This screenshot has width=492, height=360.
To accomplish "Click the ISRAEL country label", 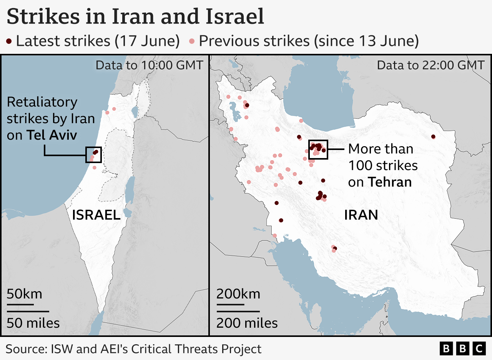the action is [96, 215].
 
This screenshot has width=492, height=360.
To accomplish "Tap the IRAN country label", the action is [361, 215].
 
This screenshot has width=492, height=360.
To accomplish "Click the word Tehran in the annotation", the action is [390, 182].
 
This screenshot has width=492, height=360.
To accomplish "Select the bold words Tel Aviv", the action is [52, 135].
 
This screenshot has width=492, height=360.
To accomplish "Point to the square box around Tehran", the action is [318, 150].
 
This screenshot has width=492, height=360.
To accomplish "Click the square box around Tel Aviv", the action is [94, 155].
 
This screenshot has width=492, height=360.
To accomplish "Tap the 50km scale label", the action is [24, 294].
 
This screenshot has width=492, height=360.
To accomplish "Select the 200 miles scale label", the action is [247, 323].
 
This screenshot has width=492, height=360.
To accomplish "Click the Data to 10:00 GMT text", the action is [149, 65].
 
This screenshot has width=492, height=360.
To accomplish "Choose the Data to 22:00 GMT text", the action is [430, 65].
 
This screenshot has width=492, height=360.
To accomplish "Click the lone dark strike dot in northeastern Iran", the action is [433, 137].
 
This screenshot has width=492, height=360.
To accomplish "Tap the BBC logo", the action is [462, 348].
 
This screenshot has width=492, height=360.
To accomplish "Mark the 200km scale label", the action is [238, 294].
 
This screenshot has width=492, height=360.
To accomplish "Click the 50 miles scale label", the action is [33, 323].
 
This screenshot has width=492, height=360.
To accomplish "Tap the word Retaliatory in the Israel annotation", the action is [42, 102].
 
